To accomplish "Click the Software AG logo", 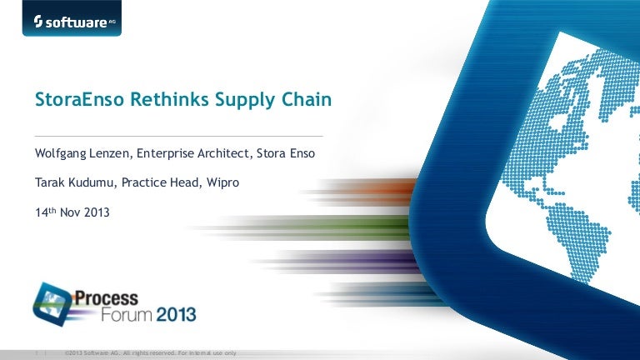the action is point(72,18).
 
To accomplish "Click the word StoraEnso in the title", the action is point(79,99).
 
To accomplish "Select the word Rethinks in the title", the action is point(169,99).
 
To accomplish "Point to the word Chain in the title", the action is point(307,99).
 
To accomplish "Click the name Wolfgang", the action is point(60,153).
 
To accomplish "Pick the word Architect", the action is point(224,153).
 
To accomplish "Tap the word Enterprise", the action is point(165,154).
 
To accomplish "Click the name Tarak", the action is point(50,182).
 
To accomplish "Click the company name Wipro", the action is point(222,182).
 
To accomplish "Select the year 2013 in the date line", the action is point(97,212).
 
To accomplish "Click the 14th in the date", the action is point(45,212).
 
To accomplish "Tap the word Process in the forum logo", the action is point(106,298).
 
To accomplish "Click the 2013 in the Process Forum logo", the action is point(176,315).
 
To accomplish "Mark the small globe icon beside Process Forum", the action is point(52,304).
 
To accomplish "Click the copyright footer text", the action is point(150,353).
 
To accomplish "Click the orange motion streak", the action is point(363,191).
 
